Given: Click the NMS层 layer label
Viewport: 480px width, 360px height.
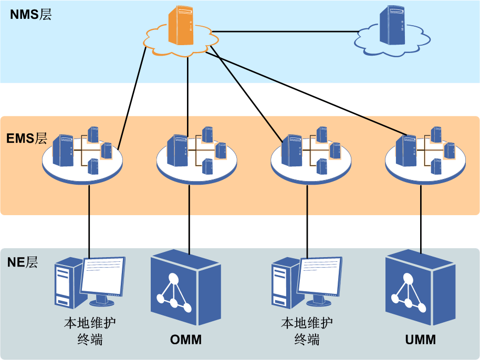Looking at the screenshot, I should click(x=30, y=15).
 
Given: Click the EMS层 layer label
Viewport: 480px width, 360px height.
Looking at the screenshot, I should click(x=27, y=139).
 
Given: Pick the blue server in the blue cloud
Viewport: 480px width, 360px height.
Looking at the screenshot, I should click(x=392, y=27).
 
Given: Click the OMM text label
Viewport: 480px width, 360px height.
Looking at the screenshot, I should click(x=186, y=340).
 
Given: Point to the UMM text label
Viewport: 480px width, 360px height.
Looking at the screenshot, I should click(x=420, y=340).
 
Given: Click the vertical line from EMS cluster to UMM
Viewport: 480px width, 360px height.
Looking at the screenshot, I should click(x=421, y=215).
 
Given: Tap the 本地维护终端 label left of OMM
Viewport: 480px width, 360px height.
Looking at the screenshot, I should click(x=89, y=331).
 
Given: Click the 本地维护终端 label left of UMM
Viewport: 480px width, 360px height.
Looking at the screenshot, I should click(x=307, y=331).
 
